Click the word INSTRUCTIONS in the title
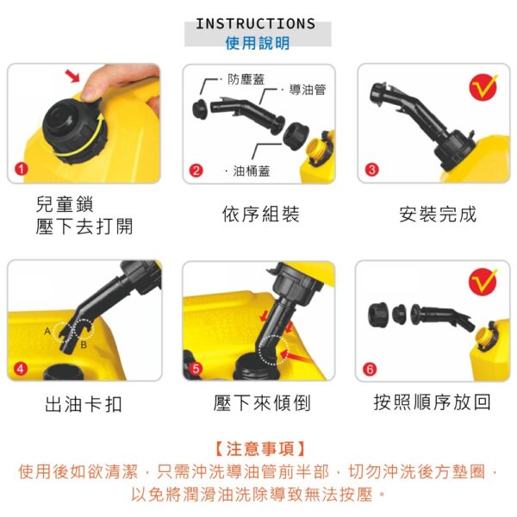(256, 24)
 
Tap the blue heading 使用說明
(258, 43)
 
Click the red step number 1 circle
(22, 169)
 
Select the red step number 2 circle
(196, 171)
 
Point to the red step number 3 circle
(372, 170)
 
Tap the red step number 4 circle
(21, 368)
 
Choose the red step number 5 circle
(196, 368)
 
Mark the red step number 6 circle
(370, 370)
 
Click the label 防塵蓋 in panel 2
(246, 79)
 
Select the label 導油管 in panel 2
(308, 90)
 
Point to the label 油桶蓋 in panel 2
(252, 171)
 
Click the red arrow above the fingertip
(73, 76)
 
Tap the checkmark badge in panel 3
(483, 87)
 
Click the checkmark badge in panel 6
(483, 283)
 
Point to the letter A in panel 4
(47, 331)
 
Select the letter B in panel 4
(84, 345)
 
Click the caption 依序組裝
(260, 214)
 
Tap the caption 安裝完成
(438, 214)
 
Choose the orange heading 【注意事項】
(260, 449)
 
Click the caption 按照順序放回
(433, 402)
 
